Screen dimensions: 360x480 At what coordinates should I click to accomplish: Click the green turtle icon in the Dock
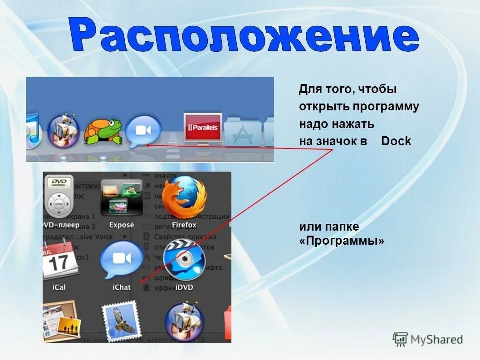point(103,131)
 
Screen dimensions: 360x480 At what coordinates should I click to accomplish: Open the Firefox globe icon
point(184,197)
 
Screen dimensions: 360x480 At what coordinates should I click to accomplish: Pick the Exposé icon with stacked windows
point(121,197)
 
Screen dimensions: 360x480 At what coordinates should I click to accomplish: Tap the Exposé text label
point(122,225)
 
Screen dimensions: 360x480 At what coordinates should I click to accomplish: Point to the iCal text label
point(59,287)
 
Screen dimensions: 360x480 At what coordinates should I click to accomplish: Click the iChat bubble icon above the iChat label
point(121,260)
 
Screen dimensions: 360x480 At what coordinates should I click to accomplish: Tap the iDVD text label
point(184,287)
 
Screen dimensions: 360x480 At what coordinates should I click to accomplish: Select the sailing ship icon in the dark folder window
point(184,320)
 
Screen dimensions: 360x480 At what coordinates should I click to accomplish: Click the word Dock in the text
point(396,141)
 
